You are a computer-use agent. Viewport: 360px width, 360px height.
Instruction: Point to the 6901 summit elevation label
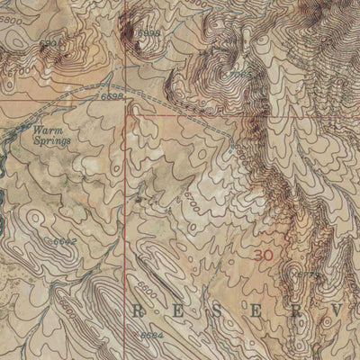51,42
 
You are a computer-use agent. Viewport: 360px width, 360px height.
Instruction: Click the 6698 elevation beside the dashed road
112,95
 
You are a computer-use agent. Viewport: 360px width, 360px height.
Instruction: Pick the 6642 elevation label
62,241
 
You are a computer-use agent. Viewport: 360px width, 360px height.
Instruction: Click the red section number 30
263,256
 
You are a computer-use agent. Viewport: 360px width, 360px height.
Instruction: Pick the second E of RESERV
268,310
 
